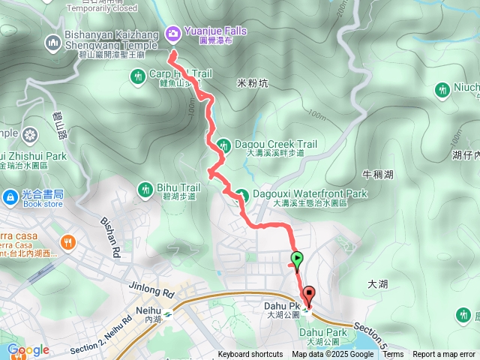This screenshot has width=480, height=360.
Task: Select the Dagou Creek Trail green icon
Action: tap(223, 144)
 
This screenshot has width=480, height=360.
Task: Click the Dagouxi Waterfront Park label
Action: tap(319, 193)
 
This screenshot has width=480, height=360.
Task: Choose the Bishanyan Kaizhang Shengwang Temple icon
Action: tap(52, 41)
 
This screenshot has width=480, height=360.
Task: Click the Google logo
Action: tap(28, 349)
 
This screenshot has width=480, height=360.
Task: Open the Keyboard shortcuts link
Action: tap(250, 355)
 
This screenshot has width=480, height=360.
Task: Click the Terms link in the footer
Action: tap(393, 355)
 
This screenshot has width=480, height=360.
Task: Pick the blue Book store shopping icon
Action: tap(10, 197)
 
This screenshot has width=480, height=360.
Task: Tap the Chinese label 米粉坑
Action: tap(251, 82)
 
